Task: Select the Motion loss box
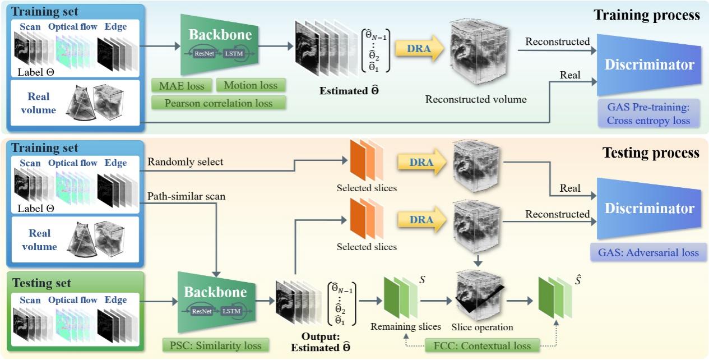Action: tap(251, 85)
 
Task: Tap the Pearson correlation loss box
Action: tap(219, 103)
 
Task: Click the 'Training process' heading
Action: tap(647, 15)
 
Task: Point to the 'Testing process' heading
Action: tap(651, 153)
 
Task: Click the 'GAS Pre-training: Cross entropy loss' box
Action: tap(649, 113)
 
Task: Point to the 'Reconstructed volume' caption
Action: tap(476, 100)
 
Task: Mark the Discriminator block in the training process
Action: tap(649, 64)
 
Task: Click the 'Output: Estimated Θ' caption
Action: tap(318, 343)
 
